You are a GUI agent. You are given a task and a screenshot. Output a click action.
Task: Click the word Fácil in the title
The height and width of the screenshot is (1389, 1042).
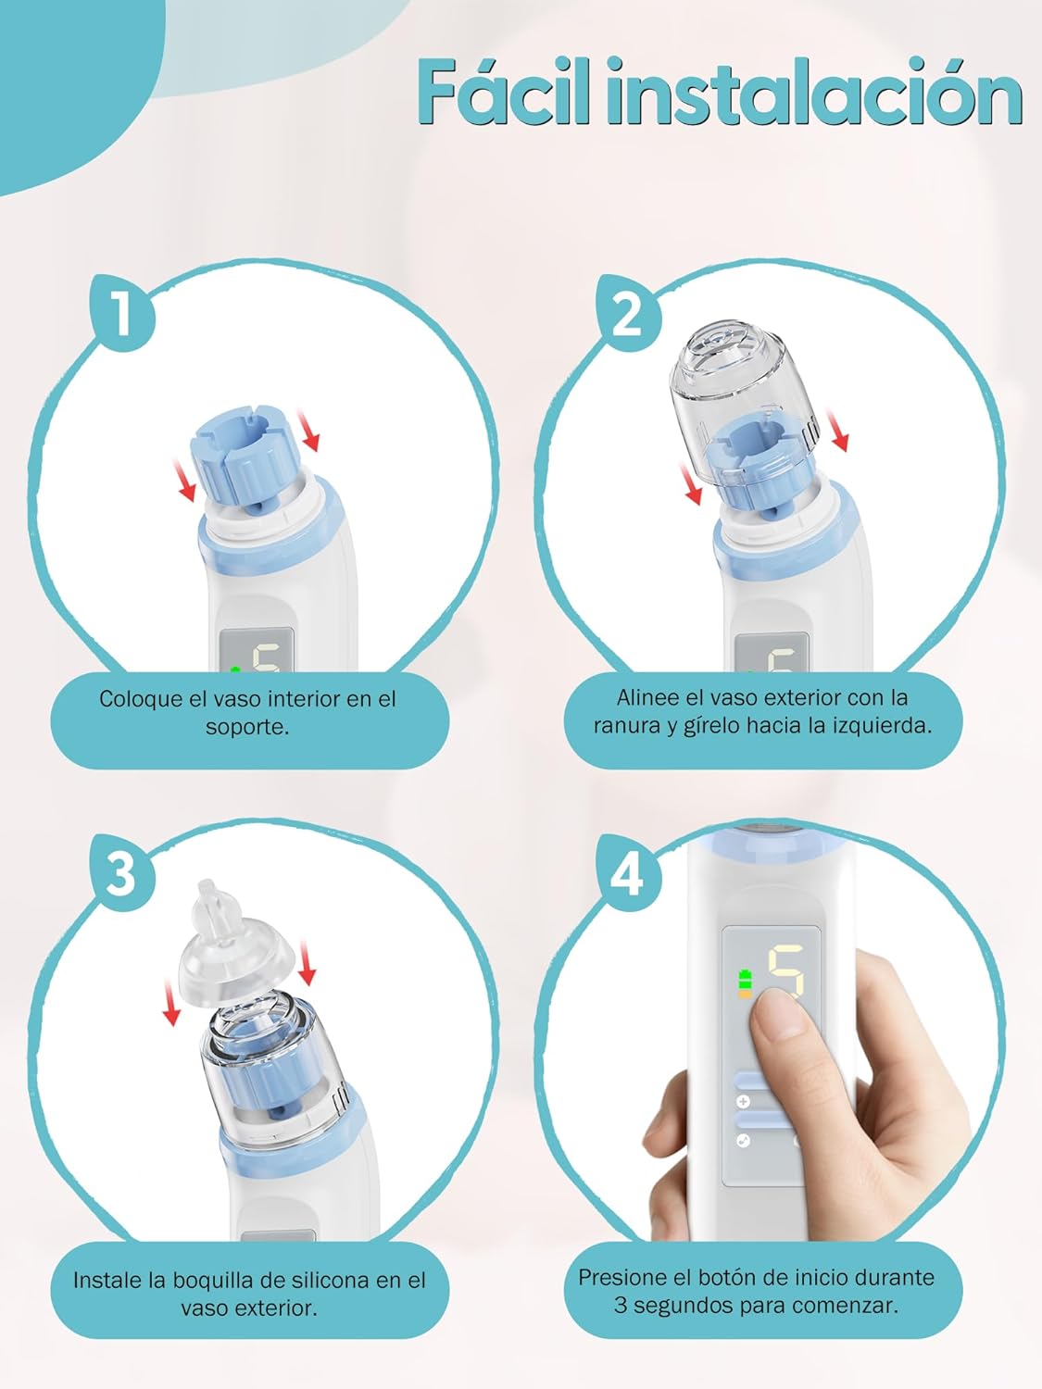click(x=504, y=92)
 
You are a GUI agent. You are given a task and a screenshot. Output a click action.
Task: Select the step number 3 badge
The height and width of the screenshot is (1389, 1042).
click(x=122, y=871)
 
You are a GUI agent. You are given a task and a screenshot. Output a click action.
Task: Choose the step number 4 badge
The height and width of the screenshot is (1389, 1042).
click(x=628, y=871)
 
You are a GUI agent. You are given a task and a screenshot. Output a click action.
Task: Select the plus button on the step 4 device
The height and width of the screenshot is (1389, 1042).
click(x=744, y=1102)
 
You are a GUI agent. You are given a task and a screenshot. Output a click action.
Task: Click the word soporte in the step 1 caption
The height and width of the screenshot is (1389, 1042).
click(x=246, y=727)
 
